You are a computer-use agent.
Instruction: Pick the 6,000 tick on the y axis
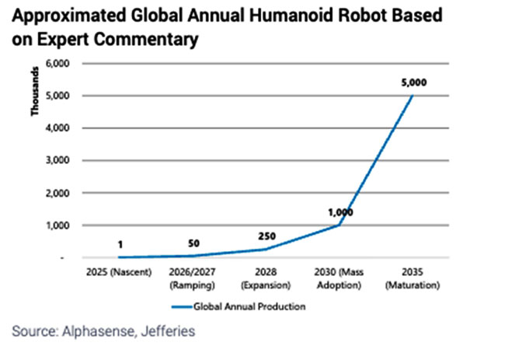pyautogui.click(x=61, y=64)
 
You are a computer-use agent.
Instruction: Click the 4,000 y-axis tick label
pyautogui.click(x=61, y=128)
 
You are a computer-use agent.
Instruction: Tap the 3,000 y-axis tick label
pyautogui.click(x=61, y=161)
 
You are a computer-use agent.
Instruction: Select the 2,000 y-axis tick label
pyautogui.click(x=61, y=193)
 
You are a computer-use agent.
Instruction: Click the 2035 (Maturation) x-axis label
pyautogui.click(x=413, y=279)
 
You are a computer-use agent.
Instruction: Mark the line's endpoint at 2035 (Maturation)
pyautogui.click(x=413, y=96)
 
